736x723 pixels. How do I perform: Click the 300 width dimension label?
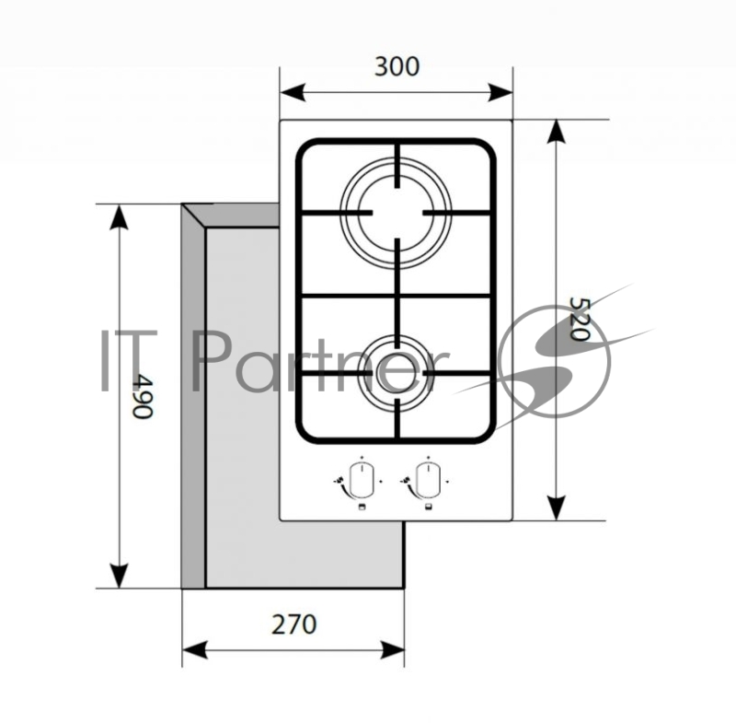pyautogui.click(x=397, y=66)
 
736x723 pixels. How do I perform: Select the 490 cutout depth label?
pyautogui.click(x=142, y=395)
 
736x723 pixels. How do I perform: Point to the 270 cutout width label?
pyautogui.click(x=293, y=624)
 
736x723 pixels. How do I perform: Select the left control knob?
pyautogui.click(x=361, y=480)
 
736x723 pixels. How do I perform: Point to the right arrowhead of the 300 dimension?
pyautogui.click(x=500, y=92)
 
